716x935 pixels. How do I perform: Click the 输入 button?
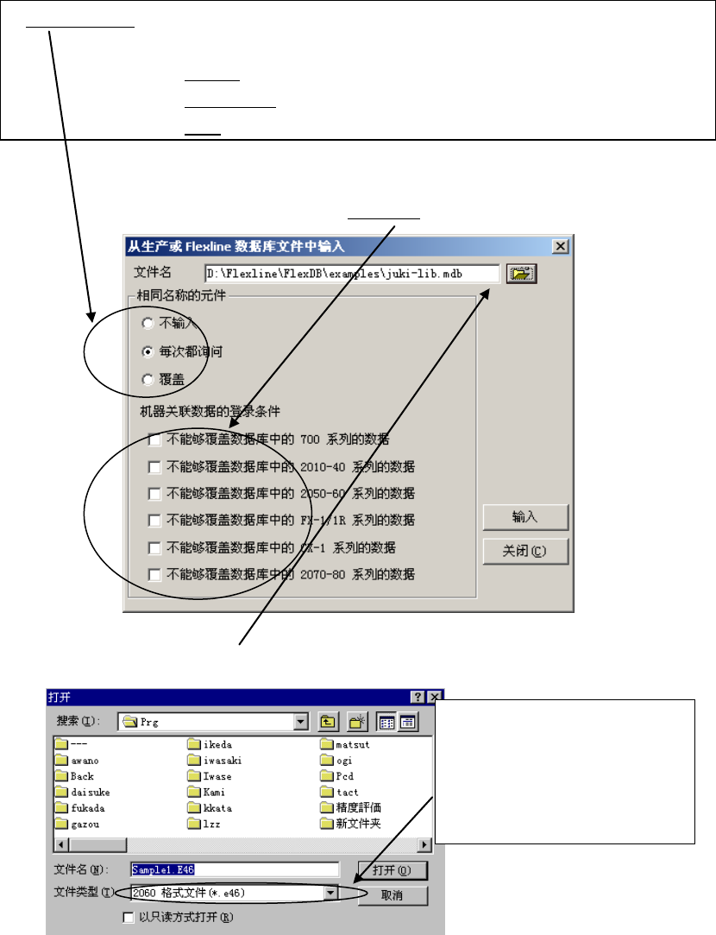pyautogui.click(x=524, y=517)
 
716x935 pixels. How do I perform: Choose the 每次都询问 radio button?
pyautogui.click(x=148, y=351)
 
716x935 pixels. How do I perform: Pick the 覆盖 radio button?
pyautogui.click(x=148, y=380)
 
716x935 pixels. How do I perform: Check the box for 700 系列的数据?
pyautogui.click(x=154, y=440)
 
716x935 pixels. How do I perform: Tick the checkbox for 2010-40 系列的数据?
pyautogui.click(x=154, y=467)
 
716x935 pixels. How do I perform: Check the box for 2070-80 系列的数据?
pyautogui.click(x=154, y=574)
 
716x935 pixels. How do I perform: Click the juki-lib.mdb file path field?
pyautogui.click(x=352, y=274)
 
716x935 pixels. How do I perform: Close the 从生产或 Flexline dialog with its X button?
pyautogui.click(x=561, y=247)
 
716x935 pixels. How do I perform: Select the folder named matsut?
pyautogui.click(x=350, y=744)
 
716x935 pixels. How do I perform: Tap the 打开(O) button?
pyautogui.click(x=393, y=869)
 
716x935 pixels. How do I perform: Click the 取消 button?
pyautogui.click(x=393, y=895)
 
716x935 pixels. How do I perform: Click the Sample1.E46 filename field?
pyautogui.click(x=233, y=869)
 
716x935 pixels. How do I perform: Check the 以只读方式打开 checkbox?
pyautogui.click(x=129, y=917)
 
